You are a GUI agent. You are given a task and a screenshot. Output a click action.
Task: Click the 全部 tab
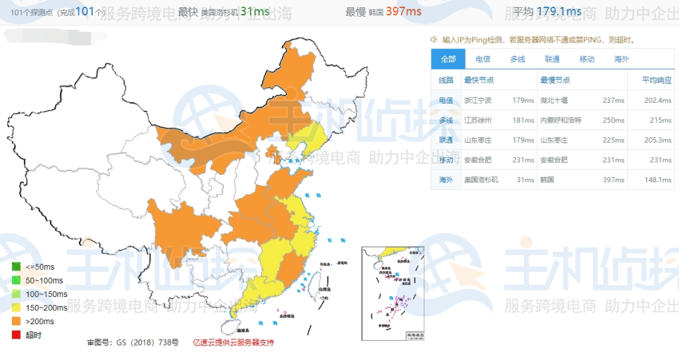point(448,59)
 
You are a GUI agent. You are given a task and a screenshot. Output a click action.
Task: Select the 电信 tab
point(483,59)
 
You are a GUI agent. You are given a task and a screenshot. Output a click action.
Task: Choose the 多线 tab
point(517,59)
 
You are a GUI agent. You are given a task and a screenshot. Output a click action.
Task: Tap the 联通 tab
point(552,59)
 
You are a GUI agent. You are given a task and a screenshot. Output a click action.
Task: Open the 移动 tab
point(587,59)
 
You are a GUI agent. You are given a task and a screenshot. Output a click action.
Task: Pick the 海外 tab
point(621,59)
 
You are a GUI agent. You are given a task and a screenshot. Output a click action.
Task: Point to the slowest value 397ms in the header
point(403,11)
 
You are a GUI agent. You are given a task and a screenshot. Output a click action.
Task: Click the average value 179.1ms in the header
point(559,11)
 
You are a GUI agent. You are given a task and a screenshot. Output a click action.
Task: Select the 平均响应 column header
point(656,80)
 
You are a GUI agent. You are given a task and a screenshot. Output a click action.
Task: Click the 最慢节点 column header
point(555,80)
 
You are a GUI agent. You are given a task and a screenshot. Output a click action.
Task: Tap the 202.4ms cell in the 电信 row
point(657,101)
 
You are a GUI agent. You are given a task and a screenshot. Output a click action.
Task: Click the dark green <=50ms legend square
point(15,267)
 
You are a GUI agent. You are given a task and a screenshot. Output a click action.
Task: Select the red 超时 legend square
point(15,335)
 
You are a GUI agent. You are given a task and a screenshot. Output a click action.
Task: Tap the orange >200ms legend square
point(15,322)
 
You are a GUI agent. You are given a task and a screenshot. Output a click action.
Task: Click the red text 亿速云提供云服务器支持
point(233,343)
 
